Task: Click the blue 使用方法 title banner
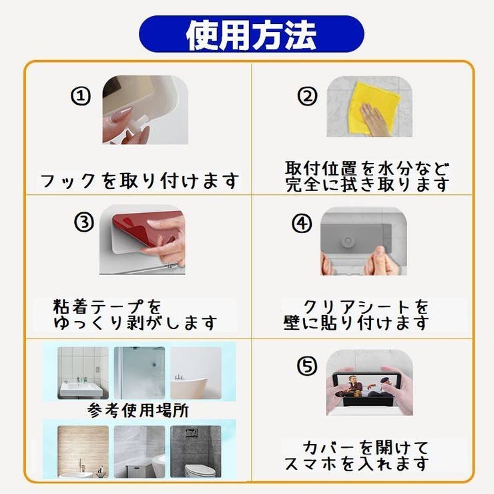[x=251, y=34]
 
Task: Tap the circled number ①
[x=81, y=96]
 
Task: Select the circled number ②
[x=306, y=96]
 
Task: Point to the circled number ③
[x=84, y=223]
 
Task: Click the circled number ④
[x=302, y=224]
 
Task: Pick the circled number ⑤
[x=306, y=366]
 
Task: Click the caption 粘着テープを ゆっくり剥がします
[x=136, y=314]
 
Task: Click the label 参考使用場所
[x=138, y=409]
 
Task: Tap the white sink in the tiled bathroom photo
[x=81, y=387]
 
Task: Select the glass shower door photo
[x=139, y=373]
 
